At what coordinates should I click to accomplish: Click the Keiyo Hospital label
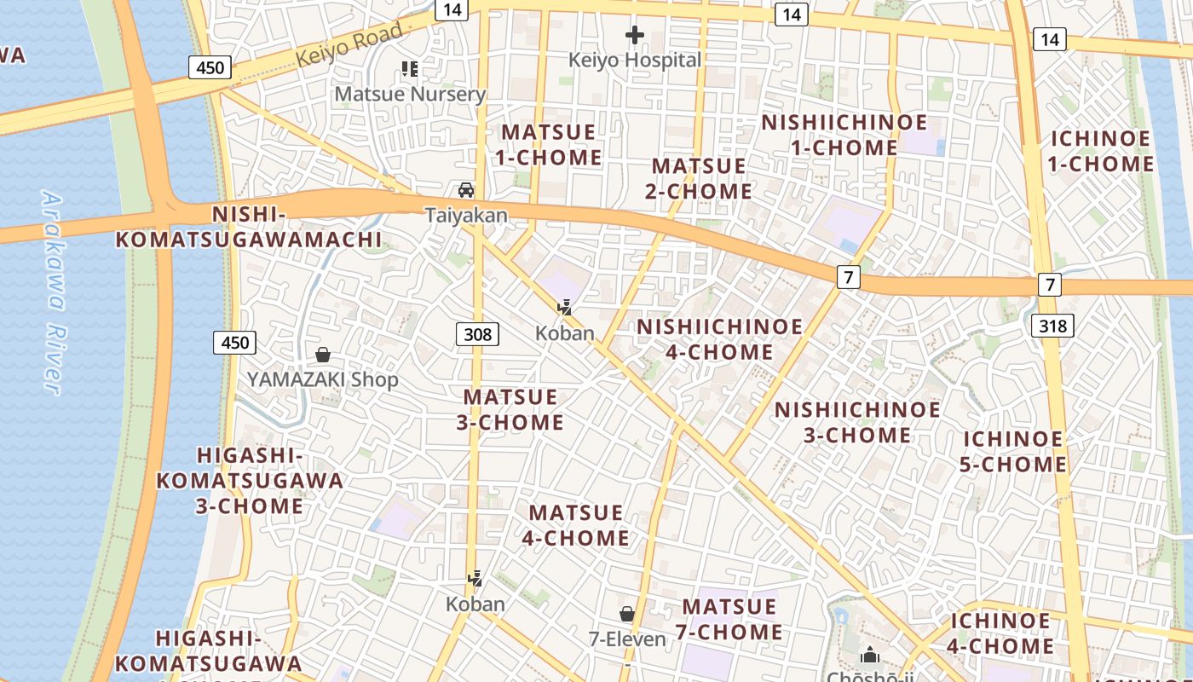pyautogui.click(x=635, y=60)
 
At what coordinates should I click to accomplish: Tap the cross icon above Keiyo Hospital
pyautogui.click(x=635, y=35)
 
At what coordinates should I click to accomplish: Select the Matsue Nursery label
pyautogui.click(x=410, y=94)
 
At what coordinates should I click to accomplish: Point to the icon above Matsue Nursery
pyautogui.click(x=410, y=68)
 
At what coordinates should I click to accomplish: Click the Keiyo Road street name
pyautogui.click(x=349, y=45)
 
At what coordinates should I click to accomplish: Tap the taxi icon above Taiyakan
pyautogui.click(x=466, y=189)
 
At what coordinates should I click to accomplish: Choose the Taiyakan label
pyautogui.click(x=466, y=215)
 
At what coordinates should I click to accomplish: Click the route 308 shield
pyautogui.click(x=477, y=334)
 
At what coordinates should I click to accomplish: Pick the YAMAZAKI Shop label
pyautogui.click(x=323, y=379)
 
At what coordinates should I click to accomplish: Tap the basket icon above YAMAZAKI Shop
pyautogui.click(x=323, y=355)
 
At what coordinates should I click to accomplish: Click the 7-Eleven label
pyautogui.click(x=627, y=639)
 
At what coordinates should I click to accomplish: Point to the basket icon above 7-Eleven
pyautogui.click(x=627, y=614)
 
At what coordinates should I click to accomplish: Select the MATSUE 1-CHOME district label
pyautogui.click(x=550, y=145)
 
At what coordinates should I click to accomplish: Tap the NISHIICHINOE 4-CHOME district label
pyautogui.click(x=720, y=339)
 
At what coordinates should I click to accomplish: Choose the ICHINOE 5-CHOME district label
pyautogui.click(x=1014, y=452)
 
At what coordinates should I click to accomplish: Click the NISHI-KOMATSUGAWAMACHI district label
pyautogui.click(x=249, y=227)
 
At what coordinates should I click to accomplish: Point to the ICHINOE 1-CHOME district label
pyautogui.click(x=1101, y=151)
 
